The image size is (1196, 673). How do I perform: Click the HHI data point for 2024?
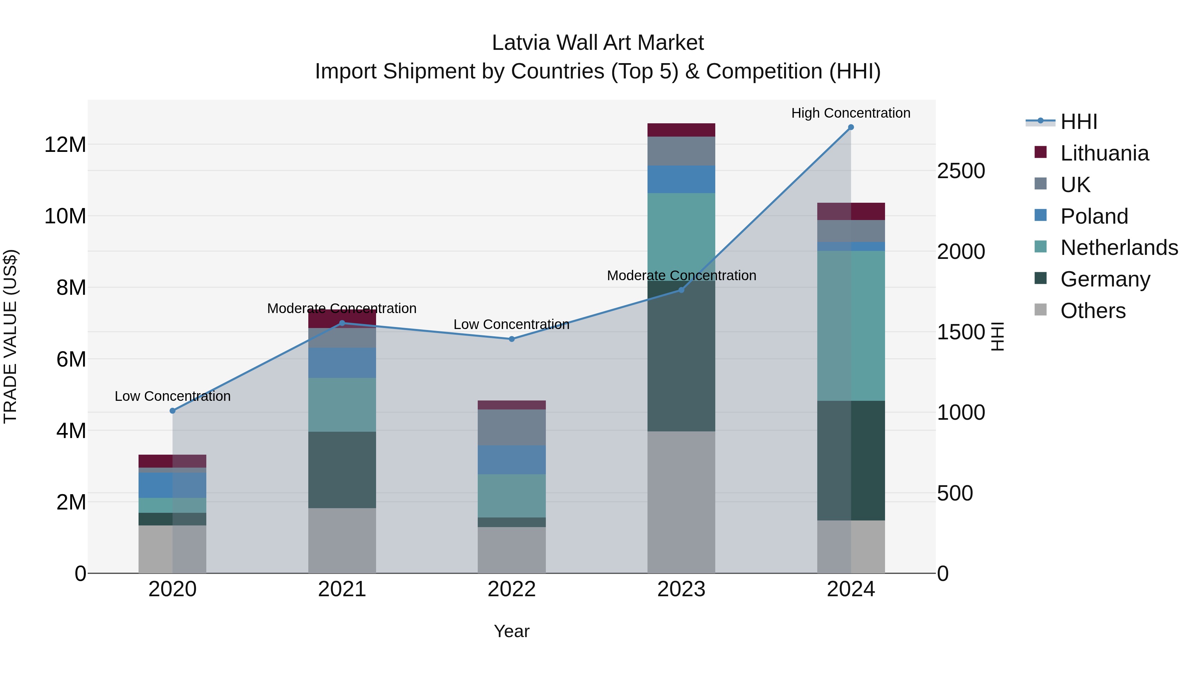850,127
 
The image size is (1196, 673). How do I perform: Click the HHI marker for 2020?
173,410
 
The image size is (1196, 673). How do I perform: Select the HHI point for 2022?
512,339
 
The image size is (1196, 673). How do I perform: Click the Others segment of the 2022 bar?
512,550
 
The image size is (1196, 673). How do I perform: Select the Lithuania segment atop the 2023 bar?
681,130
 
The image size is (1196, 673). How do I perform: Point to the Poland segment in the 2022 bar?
512,460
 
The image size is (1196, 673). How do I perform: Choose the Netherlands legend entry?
1119,248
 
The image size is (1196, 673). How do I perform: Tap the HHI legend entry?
1078,122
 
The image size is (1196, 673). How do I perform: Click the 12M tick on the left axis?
65,145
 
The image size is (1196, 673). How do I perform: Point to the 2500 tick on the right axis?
960,171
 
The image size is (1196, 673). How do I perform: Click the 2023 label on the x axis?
681,589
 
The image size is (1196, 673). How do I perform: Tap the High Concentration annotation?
850,113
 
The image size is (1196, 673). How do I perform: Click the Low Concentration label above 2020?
173,396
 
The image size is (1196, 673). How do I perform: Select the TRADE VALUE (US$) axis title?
10,336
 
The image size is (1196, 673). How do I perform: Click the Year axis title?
512,631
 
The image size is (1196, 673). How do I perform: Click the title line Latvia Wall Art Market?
598,43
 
